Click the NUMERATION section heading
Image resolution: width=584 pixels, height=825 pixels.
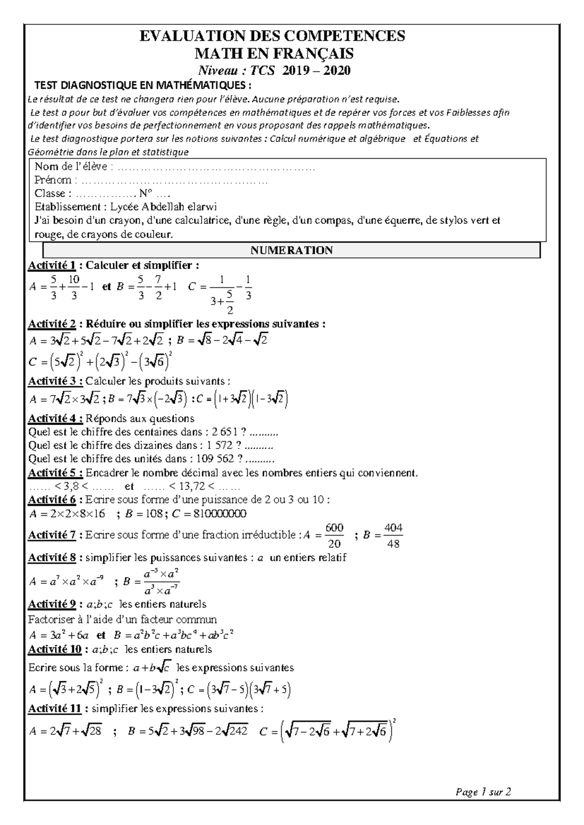click(x=291, y=251)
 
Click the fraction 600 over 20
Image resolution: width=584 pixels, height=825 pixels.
click(x=335, y=536)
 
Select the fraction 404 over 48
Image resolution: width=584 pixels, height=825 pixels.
click(x=393, y=536)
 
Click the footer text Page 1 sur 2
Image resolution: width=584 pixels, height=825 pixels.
click(x=483, y=792)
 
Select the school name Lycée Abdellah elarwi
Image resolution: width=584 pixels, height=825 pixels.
click(x=164, y=207)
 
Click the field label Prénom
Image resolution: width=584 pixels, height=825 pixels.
click(x=53, y=180)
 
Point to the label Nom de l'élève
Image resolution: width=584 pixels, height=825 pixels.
click(x=73, y=167)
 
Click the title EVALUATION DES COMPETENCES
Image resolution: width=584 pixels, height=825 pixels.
click(x=272, y=36)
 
